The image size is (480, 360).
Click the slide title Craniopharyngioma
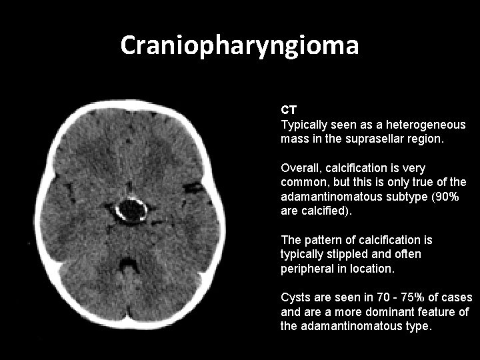pyautogui.click(x=240, y=45)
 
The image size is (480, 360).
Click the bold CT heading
pyautogui.click(x=289, y=109)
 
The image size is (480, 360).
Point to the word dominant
pyautogui.click(x=403, y=311)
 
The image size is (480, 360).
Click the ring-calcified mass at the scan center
pyautogui.click(x=131, y=210)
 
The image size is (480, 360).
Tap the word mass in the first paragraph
pyautogui.click(x=294, y=140)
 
